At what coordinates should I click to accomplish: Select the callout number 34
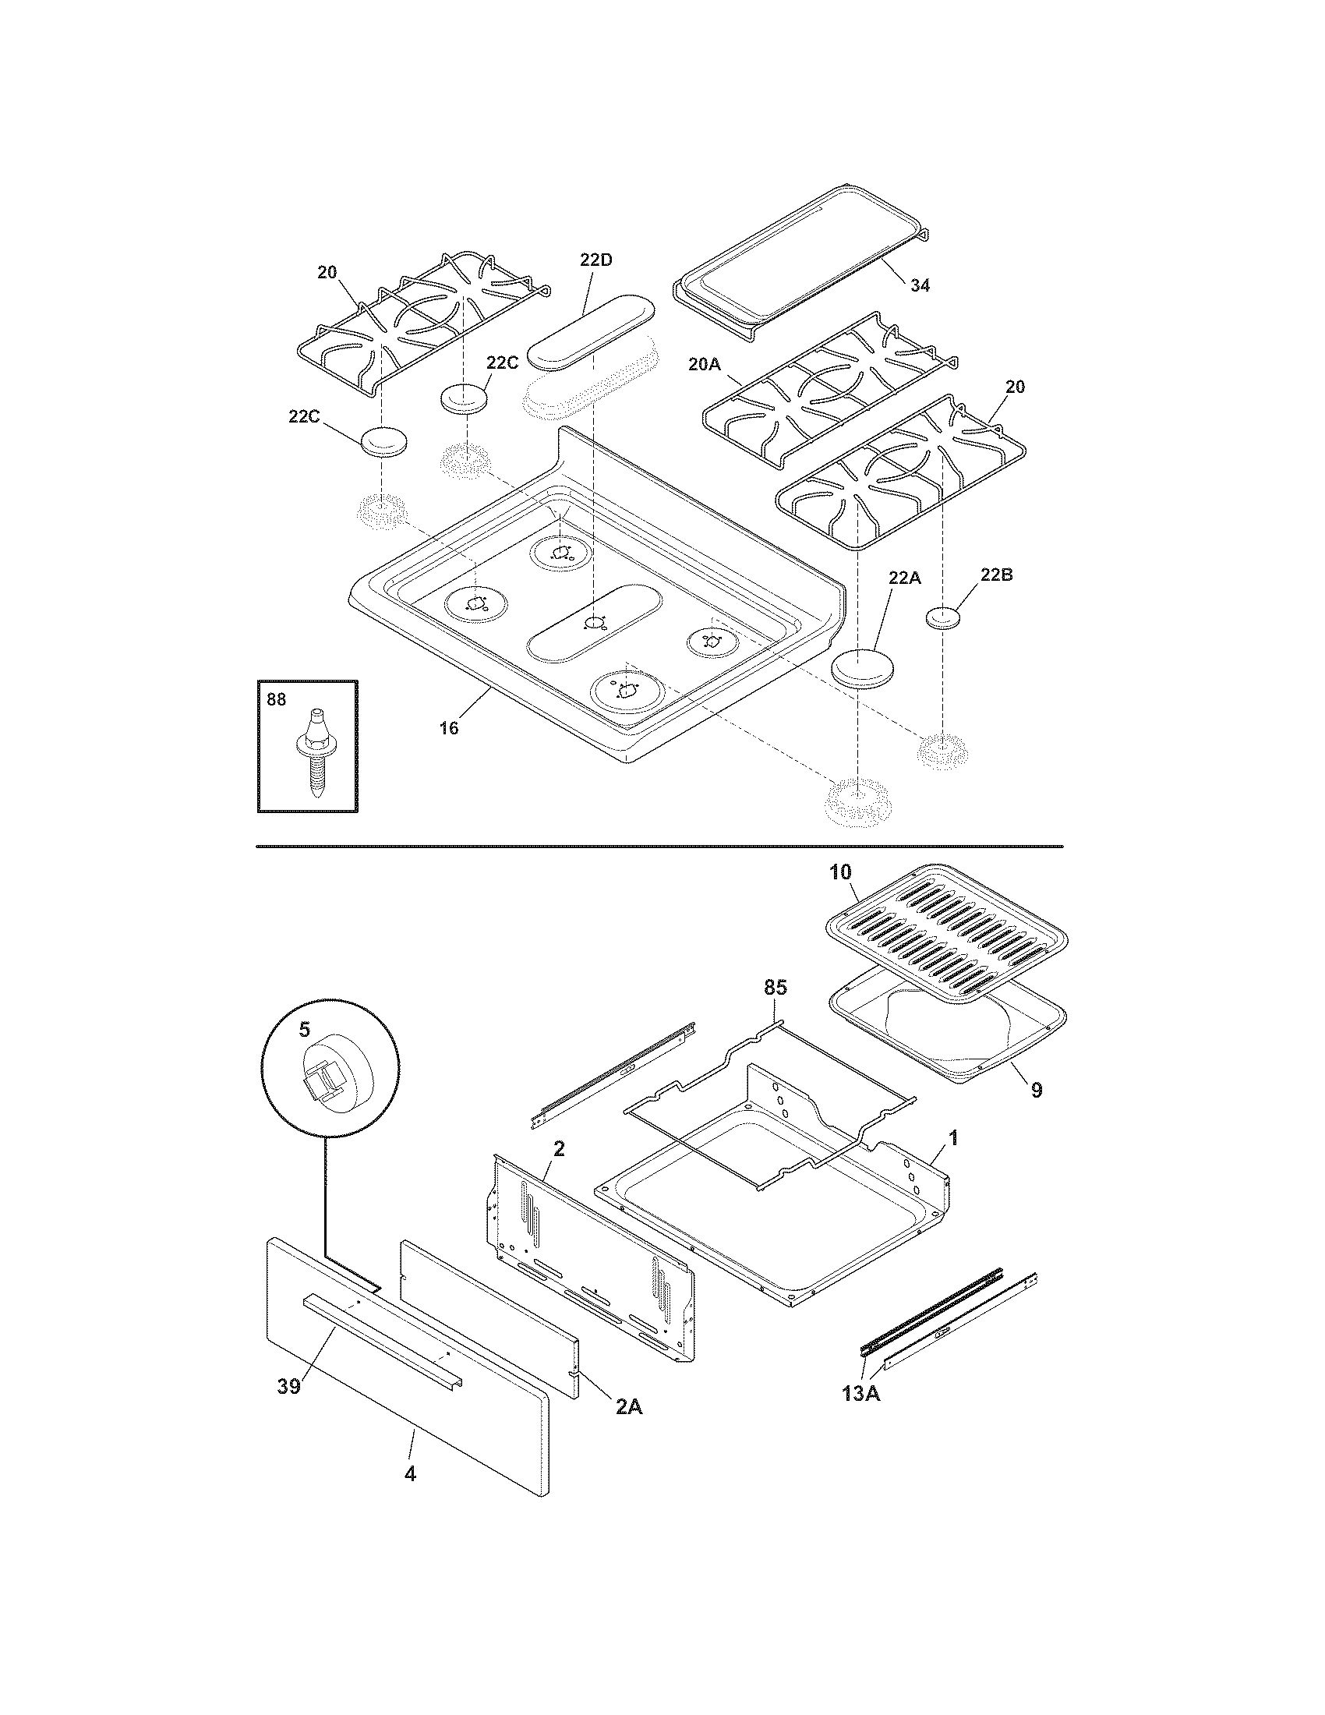click(919, 286)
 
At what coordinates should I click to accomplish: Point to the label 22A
click(903, 578)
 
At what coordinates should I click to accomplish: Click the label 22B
click(996, 575)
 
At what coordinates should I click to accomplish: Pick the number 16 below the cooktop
click(448, 728)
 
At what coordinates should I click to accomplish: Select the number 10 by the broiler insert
click(839, 872)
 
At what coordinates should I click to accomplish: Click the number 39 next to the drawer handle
click(288, 1387)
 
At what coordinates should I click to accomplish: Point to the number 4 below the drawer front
click(409, 1497)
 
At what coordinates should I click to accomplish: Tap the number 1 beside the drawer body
click(953, 1138)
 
